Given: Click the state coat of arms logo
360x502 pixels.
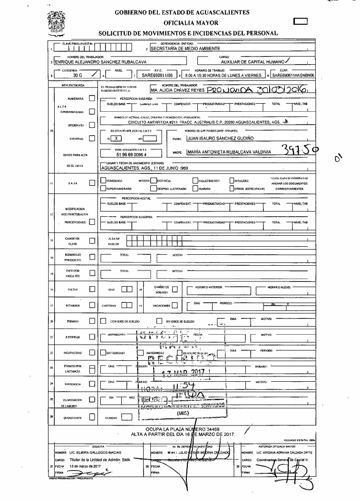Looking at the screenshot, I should click(56, 23).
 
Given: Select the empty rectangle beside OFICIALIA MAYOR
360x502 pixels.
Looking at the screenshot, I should click(301, 21).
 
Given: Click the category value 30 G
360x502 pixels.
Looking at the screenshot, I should click(74, 75).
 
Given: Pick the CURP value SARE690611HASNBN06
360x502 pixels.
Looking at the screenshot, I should click(289, 75).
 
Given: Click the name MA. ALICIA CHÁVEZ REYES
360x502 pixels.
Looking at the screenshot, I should click(177, 89).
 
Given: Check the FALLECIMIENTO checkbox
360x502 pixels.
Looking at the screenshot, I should click(195, 181).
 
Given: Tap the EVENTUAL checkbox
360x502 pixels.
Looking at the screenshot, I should click(92, 138).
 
